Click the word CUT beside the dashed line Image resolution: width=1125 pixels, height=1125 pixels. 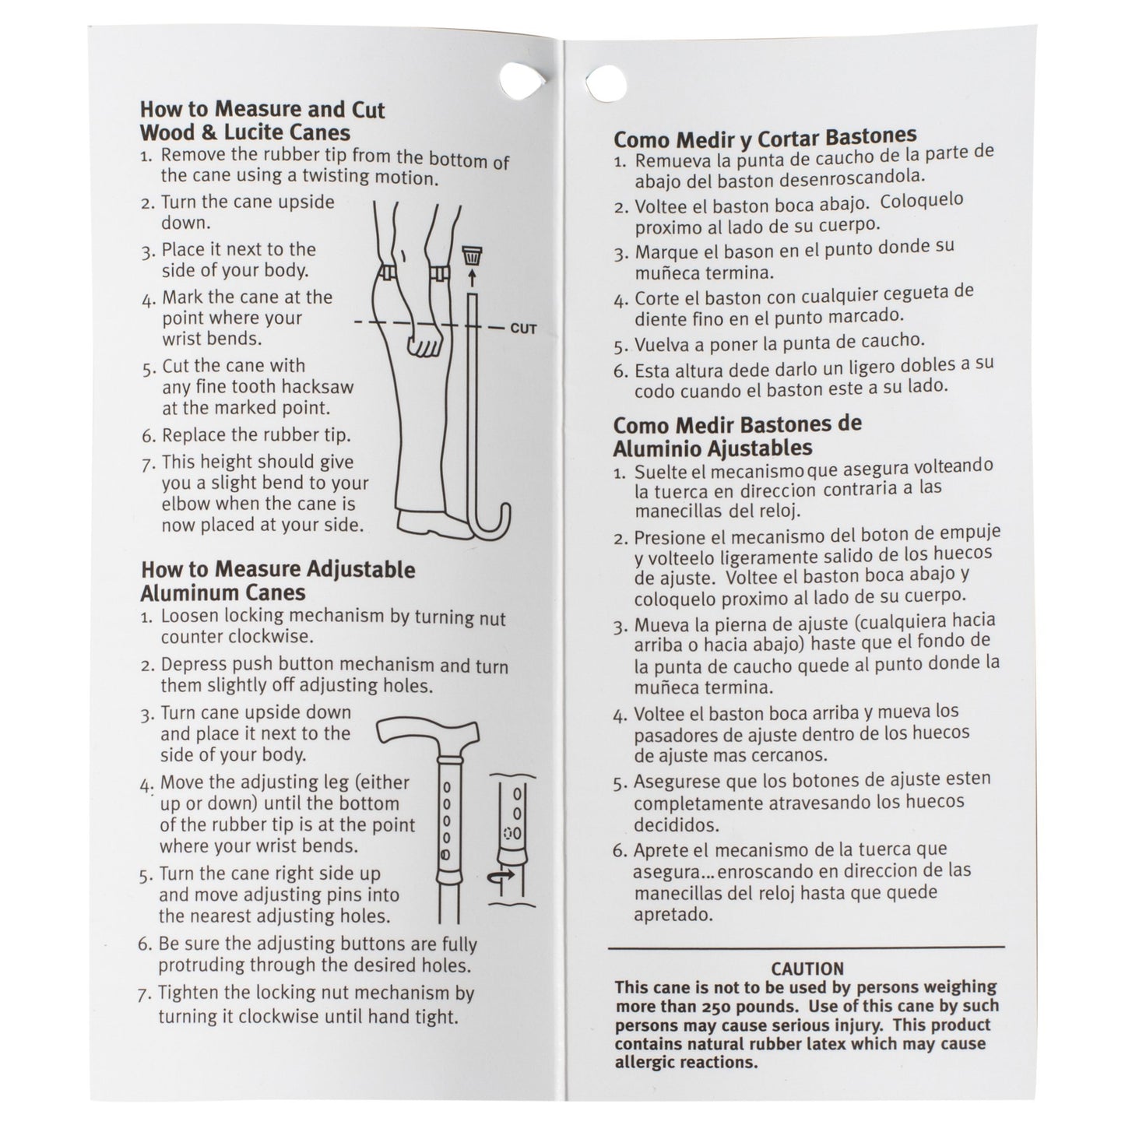523,329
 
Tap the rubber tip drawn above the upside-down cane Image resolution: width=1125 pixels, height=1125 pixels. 470,255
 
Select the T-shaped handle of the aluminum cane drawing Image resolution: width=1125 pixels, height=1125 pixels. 429,734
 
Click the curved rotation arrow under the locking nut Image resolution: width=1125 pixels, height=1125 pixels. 500,877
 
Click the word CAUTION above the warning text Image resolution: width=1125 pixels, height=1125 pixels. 807,969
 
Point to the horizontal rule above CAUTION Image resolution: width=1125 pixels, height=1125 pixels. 807,948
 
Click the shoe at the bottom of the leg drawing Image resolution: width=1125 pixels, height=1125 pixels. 424,522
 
